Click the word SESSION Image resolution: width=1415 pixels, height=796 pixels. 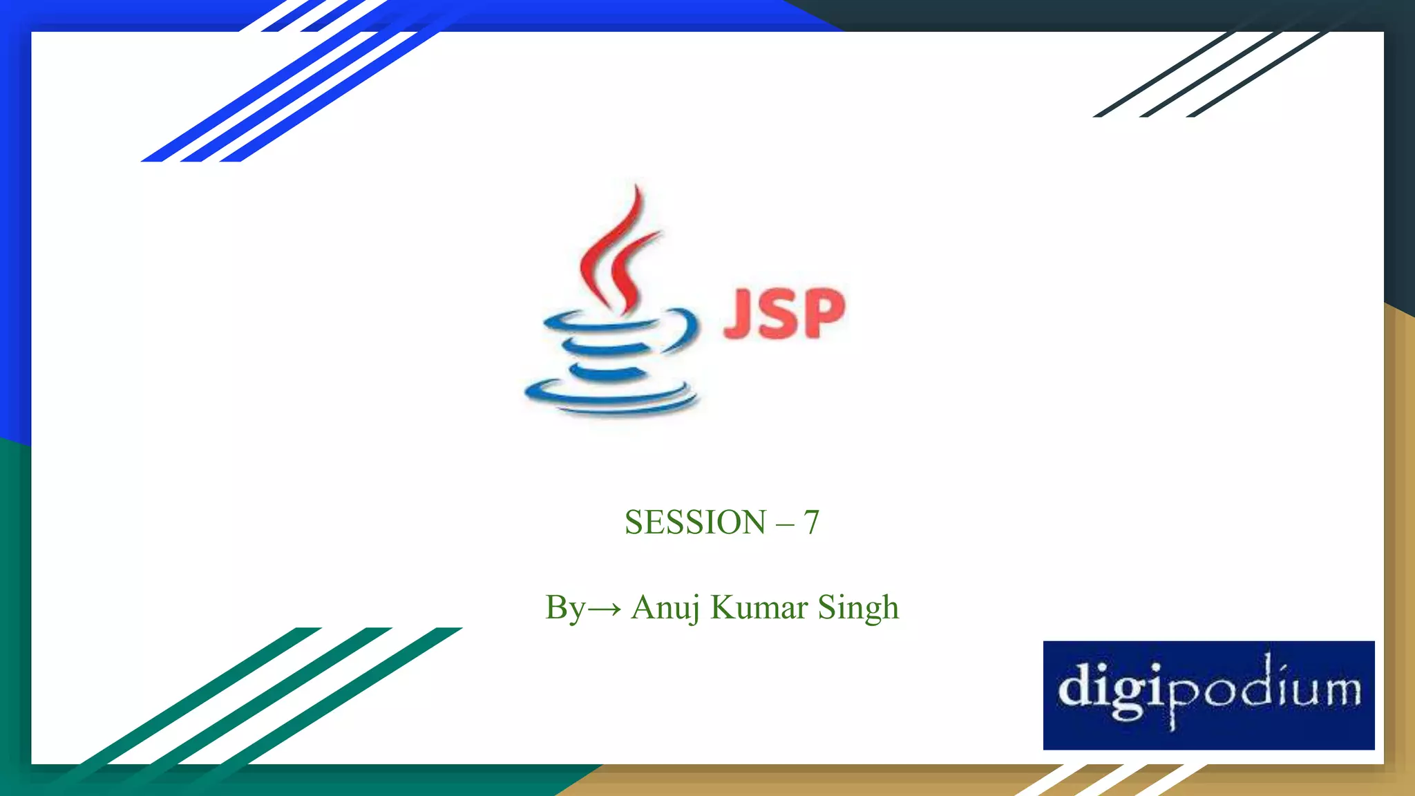pos(695,522)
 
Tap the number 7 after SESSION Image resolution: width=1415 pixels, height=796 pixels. pos(811,522)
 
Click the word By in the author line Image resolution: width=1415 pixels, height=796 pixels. pos(564,608)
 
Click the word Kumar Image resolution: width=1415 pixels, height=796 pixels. pos(759,608)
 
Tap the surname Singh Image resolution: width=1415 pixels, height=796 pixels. pos(858,608)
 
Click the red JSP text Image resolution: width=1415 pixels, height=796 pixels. pos(784,314)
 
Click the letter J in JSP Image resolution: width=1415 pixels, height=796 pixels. pos(739,314)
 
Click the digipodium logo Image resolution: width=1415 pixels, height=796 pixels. pos(1208,694)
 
